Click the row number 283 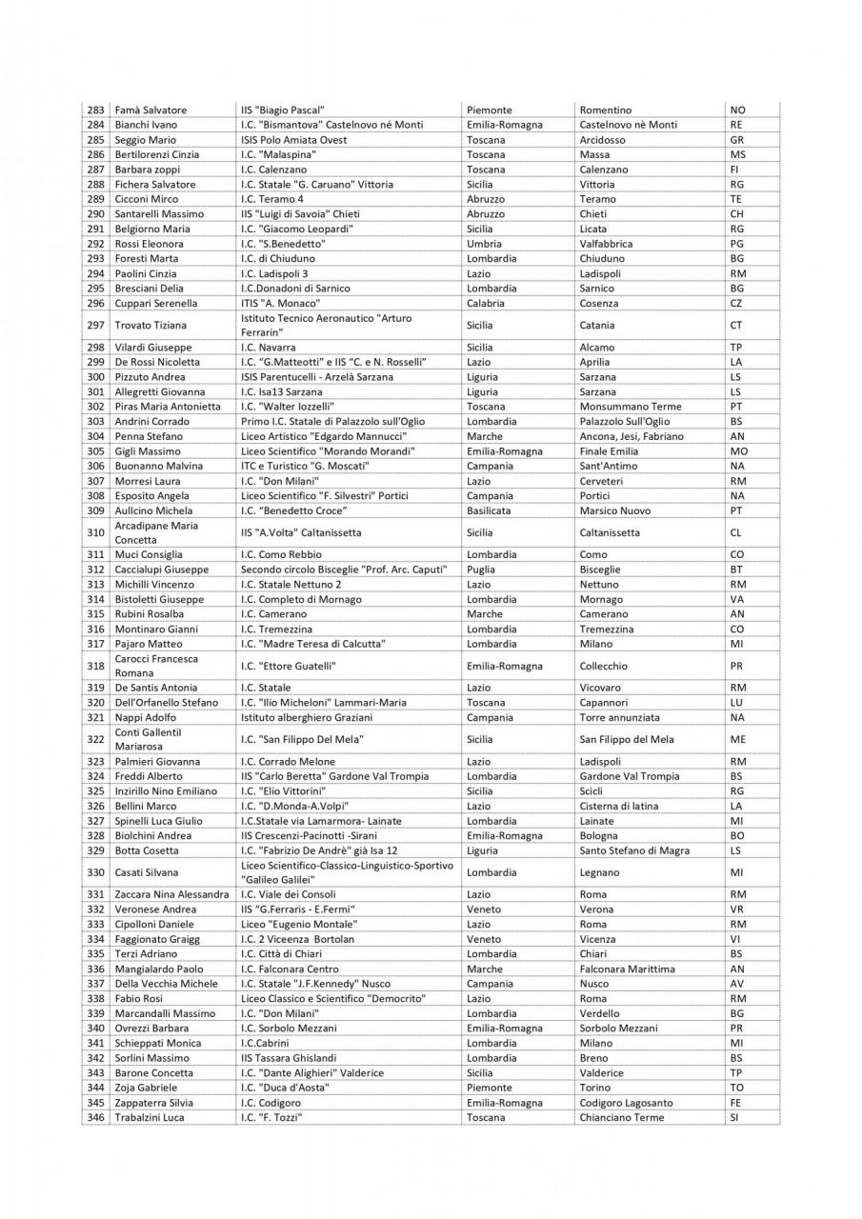pos(95,110)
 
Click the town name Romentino pos(605,110)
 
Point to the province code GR pos(736,140)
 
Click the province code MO pos(738,450)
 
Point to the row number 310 pos(95,532)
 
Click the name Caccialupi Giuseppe pos(162,570)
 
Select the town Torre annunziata pos(619,717)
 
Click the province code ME pos(737,739)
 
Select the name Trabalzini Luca pos(150,1117)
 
